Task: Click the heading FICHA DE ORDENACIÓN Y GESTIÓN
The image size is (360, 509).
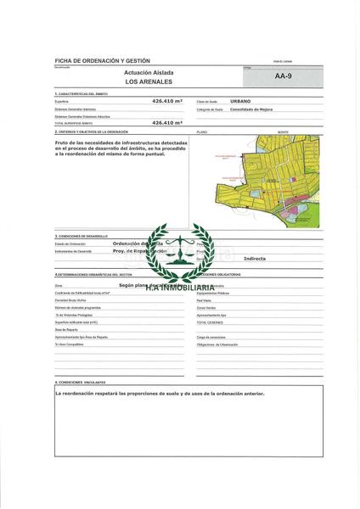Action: pos(101,63)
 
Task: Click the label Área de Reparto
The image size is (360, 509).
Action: pos(65,330)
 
